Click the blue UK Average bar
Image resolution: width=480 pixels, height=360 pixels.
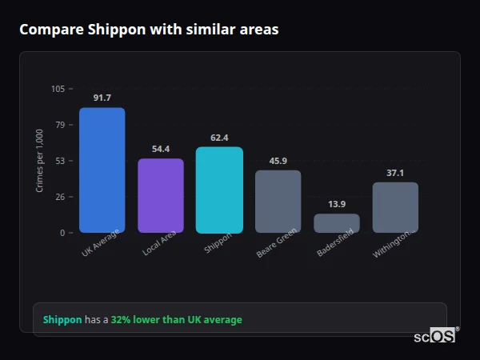pos(102,170)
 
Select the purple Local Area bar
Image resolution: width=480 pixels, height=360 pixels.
pos(161,196)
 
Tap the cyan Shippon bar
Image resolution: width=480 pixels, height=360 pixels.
pos(219,190)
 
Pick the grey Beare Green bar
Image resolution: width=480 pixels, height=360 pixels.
pos(278,202)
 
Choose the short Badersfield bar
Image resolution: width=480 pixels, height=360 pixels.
pos(337,223)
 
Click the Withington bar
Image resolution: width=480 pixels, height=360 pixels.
pos(395,207)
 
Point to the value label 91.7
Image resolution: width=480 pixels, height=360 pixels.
pos(102,98)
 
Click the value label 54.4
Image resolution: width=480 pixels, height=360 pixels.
pos(161,149)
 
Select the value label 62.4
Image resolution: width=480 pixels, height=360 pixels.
pos(219,138)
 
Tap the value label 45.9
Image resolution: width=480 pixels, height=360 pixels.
pos(278,161)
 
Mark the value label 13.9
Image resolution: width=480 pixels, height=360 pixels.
pos(337,204)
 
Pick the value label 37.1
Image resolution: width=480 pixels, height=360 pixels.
pos(395,173)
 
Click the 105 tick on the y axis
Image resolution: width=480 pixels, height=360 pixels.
pos(58,89)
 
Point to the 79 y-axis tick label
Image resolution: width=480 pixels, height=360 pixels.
pos(60,125)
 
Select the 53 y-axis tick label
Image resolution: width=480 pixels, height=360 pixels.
pos(60,161)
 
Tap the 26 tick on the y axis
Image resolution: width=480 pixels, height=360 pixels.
pos(60,197)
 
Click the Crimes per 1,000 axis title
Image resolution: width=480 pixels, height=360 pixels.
pos(40,161)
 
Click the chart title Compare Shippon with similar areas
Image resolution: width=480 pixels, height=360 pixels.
pos(149,30)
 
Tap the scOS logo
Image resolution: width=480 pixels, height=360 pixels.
pos(435,336)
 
